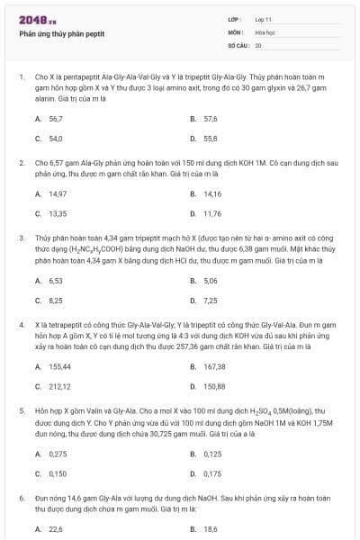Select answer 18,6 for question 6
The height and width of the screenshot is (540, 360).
211,529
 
